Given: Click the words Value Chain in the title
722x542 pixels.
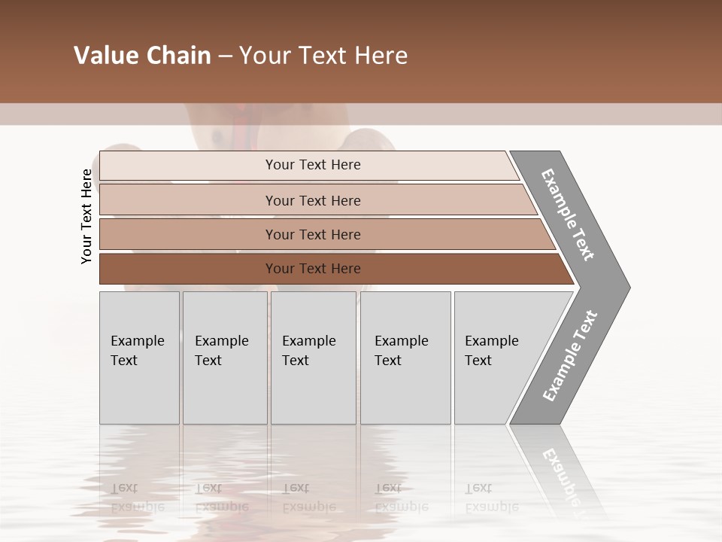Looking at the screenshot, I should (142, 56).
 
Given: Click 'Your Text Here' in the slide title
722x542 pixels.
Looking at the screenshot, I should (323, 56).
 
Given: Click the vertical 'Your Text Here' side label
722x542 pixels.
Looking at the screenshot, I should (86, 216).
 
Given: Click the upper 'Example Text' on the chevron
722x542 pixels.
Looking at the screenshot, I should (568, 215).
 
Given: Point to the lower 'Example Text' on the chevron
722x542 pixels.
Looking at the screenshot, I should (570, 355).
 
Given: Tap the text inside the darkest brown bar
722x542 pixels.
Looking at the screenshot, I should (313, 269).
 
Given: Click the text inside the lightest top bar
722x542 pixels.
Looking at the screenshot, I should (313, 165).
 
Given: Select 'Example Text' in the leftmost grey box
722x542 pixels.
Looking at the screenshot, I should (137, 350).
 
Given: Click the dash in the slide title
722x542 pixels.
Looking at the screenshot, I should (225, 56).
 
